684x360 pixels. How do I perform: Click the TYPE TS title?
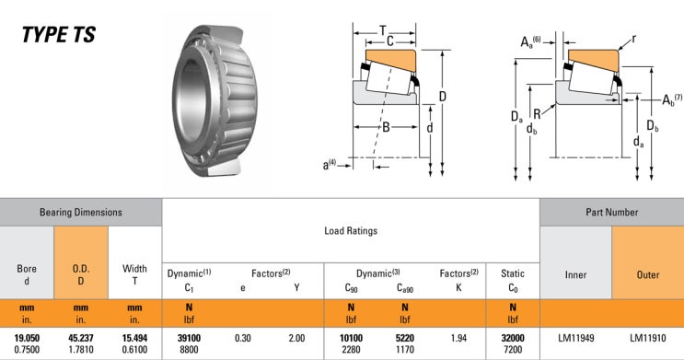(59, 36)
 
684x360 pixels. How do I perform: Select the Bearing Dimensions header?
(81, 212)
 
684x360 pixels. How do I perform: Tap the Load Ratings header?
(350, 231)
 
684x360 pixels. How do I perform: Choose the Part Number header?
(611, 212)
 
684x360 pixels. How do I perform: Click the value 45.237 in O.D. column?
(81, 339)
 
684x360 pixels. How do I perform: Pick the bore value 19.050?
(27, 339)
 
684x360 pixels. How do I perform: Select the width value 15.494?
(134, 339)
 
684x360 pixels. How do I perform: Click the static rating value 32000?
(512, 339)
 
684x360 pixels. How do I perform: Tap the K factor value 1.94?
(458, 339)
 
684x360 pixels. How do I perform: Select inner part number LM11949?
(575, 339)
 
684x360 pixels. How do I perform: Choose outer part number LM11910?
(648, 339)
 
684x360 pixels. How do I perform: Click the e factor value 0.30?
(243, 339)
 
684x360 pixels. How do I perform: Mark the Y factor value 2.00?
(296, 339)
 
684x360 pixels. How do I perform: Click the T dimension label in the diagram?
(383, 30)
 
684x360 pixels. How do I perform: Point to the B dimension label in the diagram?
(387, 127)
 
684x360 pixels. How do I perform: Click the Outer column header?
(648, 274)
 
